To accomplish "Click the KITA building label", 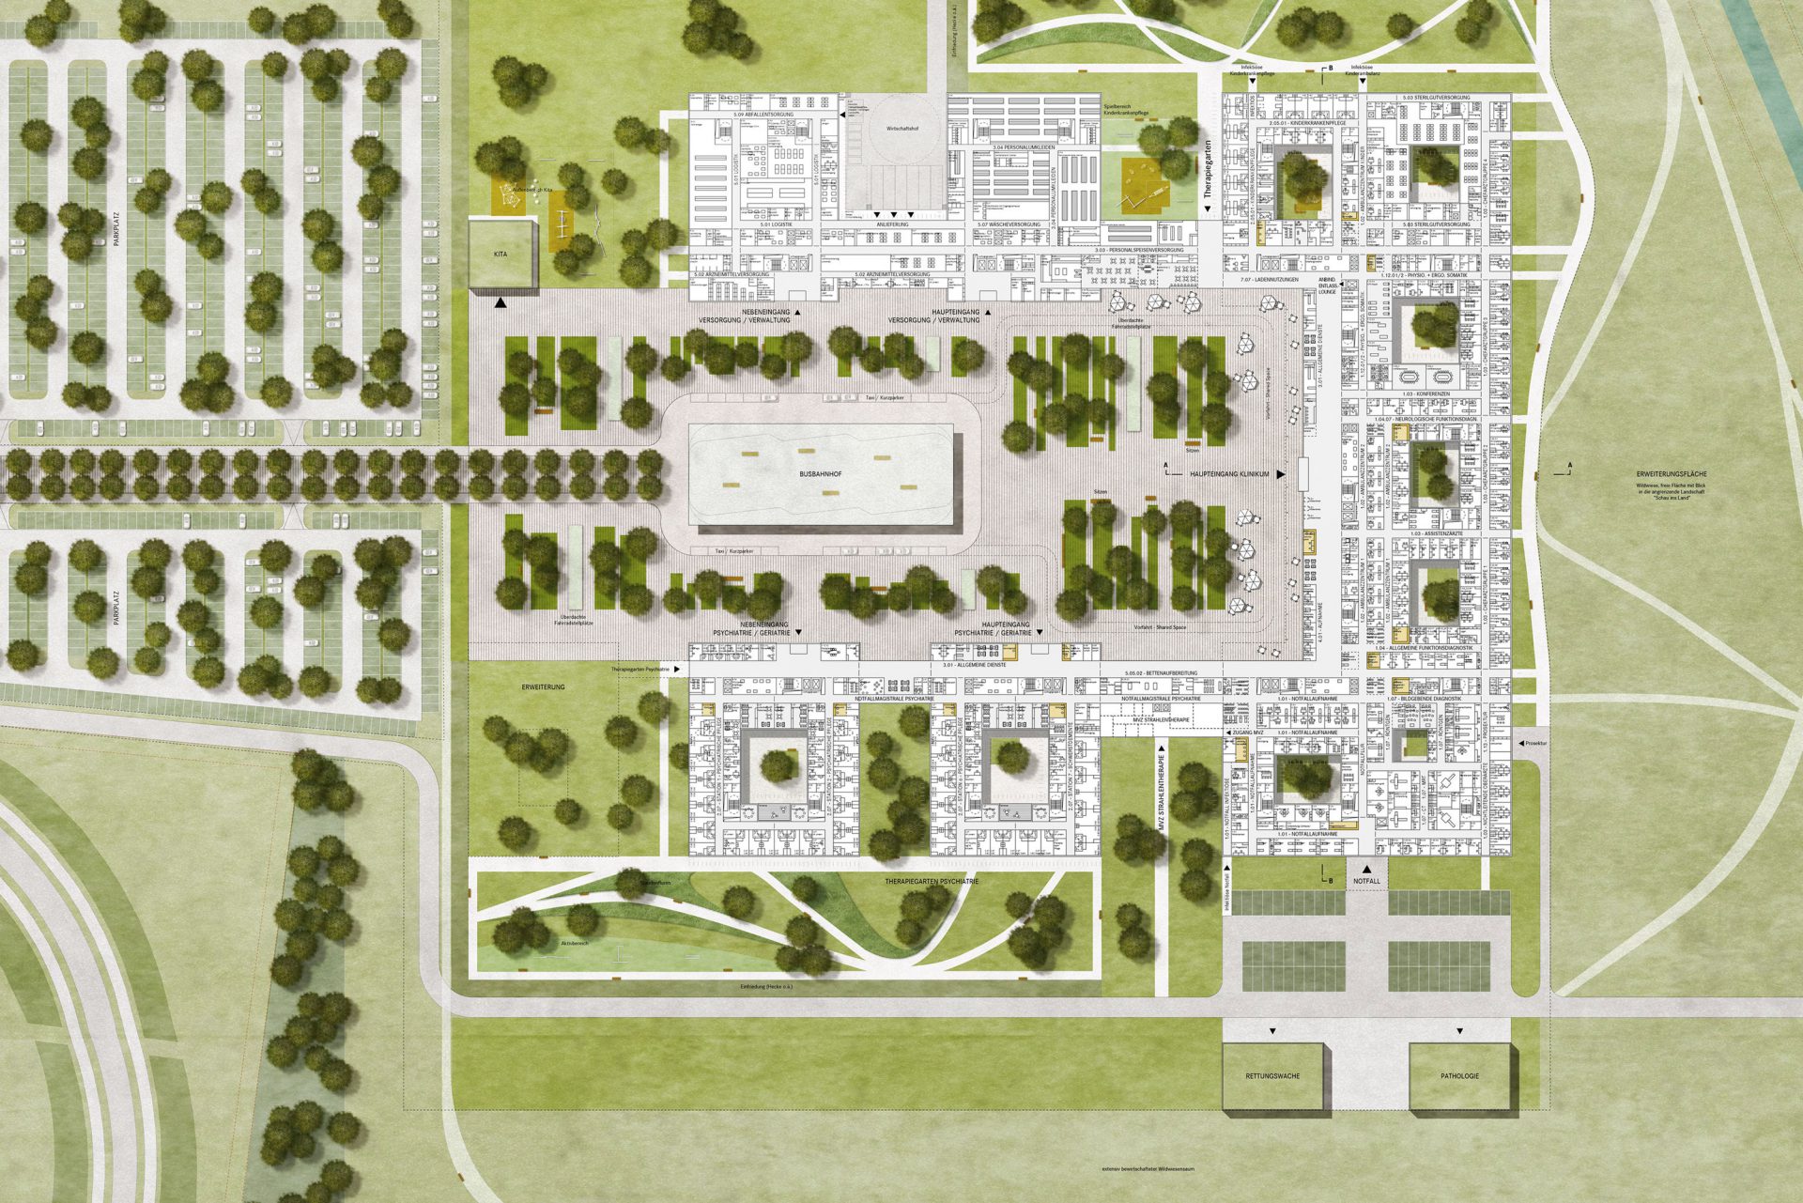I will coord(501,254).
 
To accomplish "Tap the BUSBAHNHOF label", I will coord(820,476).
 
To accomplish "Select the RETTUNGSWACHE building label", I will coord(1272,1075).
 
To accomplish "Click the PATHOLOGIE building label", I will coord(1459,1075).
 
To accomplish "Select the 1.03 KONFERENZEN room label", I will coord(1424,393).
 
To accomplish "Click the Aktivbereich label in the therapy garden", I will coord(574,942).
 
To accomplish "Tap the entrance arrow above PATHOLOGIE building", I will coord(1459,1031).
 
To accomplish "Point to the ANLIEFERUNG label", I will coord(893,225).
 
